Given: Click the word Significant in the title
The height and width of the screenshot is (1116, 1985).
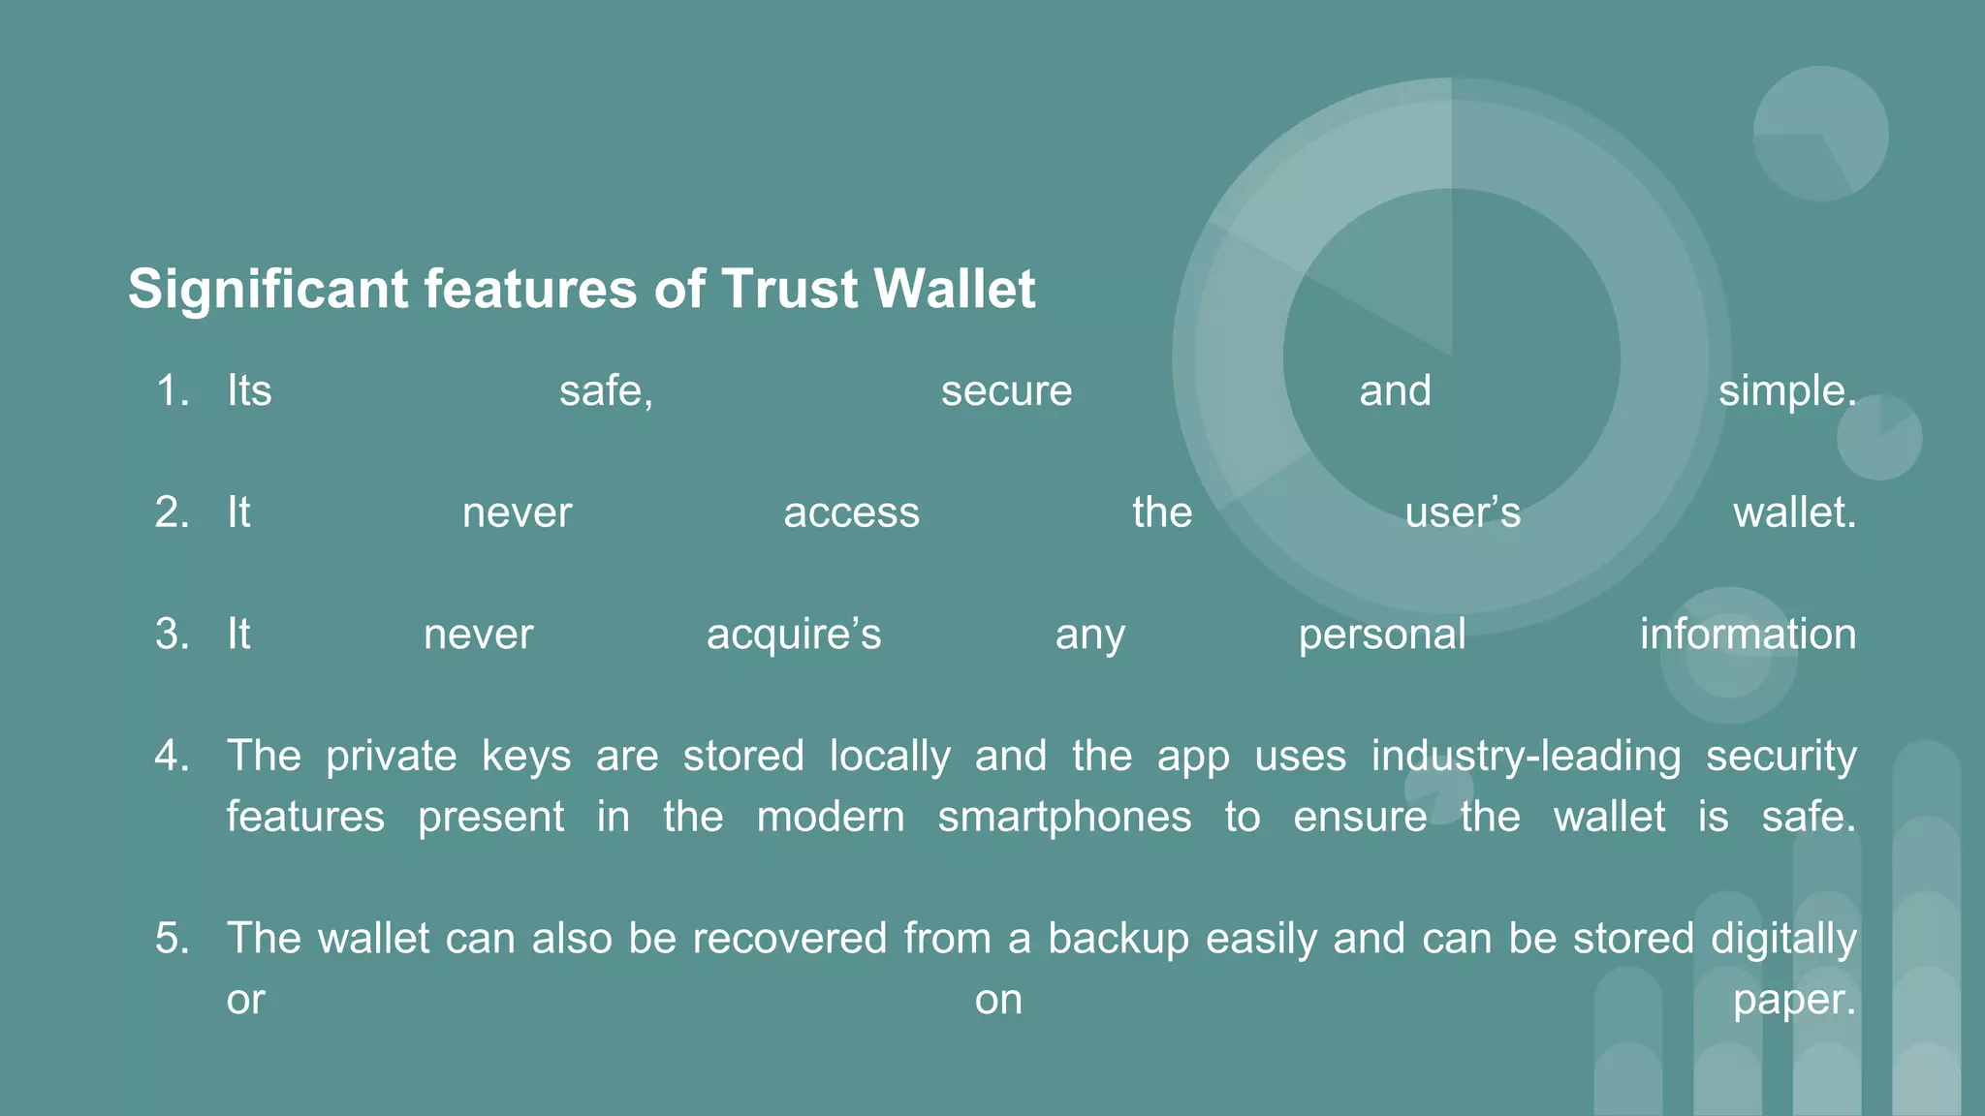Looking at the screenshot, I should (x=268, y=290).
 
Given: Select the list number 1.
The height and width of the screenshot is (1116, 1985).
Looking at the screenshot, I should (x=172, y=391).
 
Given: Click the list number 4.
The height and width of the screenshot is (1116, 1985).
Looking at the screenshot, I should (x=172, y=756).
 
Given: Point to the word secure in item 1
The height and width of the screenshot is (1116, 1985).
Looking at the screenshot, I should (x=1006, y=391).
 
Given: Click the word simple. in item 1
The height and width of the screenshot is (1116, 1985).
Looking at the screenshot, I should (x=1787, y=391).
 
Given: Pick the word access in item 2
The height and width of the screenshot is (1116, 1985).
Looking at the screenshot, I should (x=851, y=512).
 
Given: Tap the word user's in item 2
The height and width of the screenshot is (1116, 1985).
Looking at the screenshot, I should (x=1463, y=512).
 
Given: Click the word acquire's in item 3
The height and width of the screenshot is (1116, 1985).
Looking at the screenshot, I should (x=794, y=635).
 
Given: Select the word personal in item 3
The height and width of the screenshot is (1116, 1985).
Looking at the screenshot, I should (x=1382, y=635).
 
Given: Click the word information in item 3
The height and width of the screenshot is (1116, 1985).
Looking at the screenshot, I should (x=1748, y=635).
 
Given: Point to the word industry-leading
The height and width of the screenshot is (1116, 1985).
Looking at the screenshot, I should (x=1526, y=756).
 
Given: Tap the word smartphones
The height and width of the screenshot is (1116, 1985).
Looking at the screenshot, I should (x=1064, y=817).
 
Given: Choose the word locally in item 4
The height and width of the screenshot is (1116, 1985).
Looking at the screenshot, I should (x=890, y=756).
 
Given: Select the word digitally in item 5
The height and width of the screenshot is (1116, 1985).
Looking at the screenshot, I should (x=1783, y=939).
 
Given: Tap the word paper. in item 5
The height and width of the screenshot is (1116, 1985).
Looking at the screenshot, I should (x=1794, y=1000).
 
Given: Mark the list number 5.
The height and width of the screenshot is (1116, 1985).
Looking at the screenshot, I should (x=172, y=939).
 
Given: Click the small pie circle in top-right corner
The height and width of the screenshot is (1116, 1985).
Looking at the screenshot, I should (x=1820, y=134).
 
